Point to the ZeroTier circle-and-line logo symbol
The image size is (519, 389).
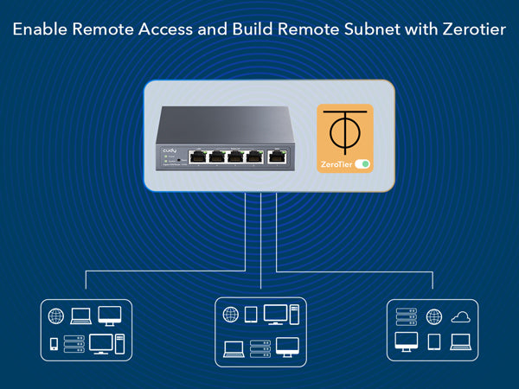[344, 131]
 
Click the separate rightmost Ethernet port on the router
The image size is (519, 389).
[277, 156]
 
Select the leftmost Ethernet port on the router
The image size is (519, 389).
[197, 156]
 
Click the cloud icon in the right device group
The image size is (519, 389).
[461, 317]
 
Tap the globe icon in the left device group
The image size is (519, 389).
[56, 316]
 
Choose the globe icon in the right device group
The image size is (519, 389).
[434, 317]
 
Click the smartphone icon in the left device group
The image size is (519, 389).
[54, 343]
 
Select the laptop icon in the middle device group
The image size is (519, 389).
[233, 348]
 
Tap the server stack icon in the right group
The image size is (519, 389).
[407, 316]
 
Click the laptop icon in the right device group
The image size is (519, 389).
[460, 342]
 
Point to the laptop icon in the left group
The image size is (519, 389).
[80, 316]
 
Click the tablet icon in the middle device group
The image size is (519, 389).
[252, 315]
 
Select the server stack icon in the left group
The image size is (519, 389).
[75, 343]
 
